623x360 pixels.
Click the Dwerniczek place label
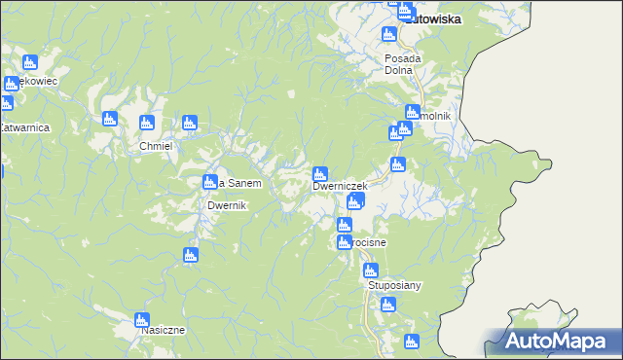(339, 186)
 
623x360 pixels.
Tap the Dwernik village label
(231, 206)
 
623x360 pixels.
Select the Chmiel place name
(156, 146)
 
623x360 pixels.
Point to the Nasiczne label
(163, 330)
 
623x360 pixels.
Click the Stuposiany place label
(393, 286)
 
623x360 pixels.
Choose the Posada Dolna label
(398, 63)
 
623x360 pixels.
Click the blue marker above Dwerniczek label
(320, 174)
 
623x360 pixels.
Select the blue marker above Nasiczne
(142, 319)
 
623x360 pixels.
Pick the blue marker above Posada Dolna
(388, 35)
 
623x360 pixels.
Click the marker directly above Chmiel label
(147, 123)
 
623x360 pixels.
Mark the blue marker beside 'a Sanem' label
(209, 182)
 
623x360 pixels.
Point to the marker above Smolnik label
(412, 111)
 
